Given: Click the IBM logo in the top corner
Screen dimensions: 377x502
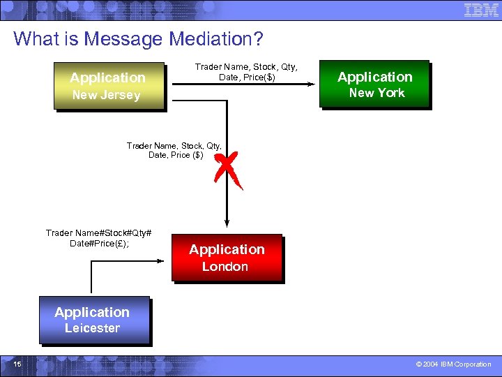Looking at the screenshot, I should click(x=481, y=10).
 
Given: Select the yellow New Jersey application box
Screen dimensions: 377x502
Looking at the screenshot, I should click(x=109, y=86).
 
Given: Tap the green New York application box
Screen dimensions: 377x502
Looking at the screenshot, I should click(x=374, y=84).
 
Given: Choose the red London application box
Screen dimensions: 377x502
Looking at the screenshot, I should click(x=227, y=257).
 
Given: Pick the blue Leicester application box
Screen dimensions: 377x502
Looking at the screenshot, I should click(x=93, y=320).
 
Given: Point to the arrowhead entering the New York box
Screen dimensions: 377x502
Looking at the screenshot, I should click(x=313, y=84).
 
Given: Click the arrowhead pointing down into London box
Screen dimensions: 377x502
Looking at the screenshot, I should click(x=227, y=222).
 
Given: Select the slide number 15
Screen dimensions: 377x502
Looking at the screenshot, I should click(x=17, y=364).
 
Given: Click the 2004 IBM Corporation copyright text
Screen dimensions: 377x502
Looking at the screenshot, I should click(x=453, y=364).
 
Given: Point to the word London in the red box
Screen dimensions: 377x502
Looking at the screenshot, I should click(x=225, y=267).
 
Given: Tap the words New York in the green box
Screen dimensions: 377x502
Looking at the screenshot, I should click(x=376, y=93).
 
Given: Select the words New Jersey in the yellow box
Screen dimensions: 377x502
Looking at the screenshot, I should click(x=106, y=95).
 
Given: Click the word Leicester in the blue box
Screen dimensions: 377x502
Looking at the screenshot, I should click(x=92, y=328).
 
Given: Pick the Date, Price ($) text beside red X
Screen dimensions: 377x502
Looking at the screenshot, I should click(x=176, y=155).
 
